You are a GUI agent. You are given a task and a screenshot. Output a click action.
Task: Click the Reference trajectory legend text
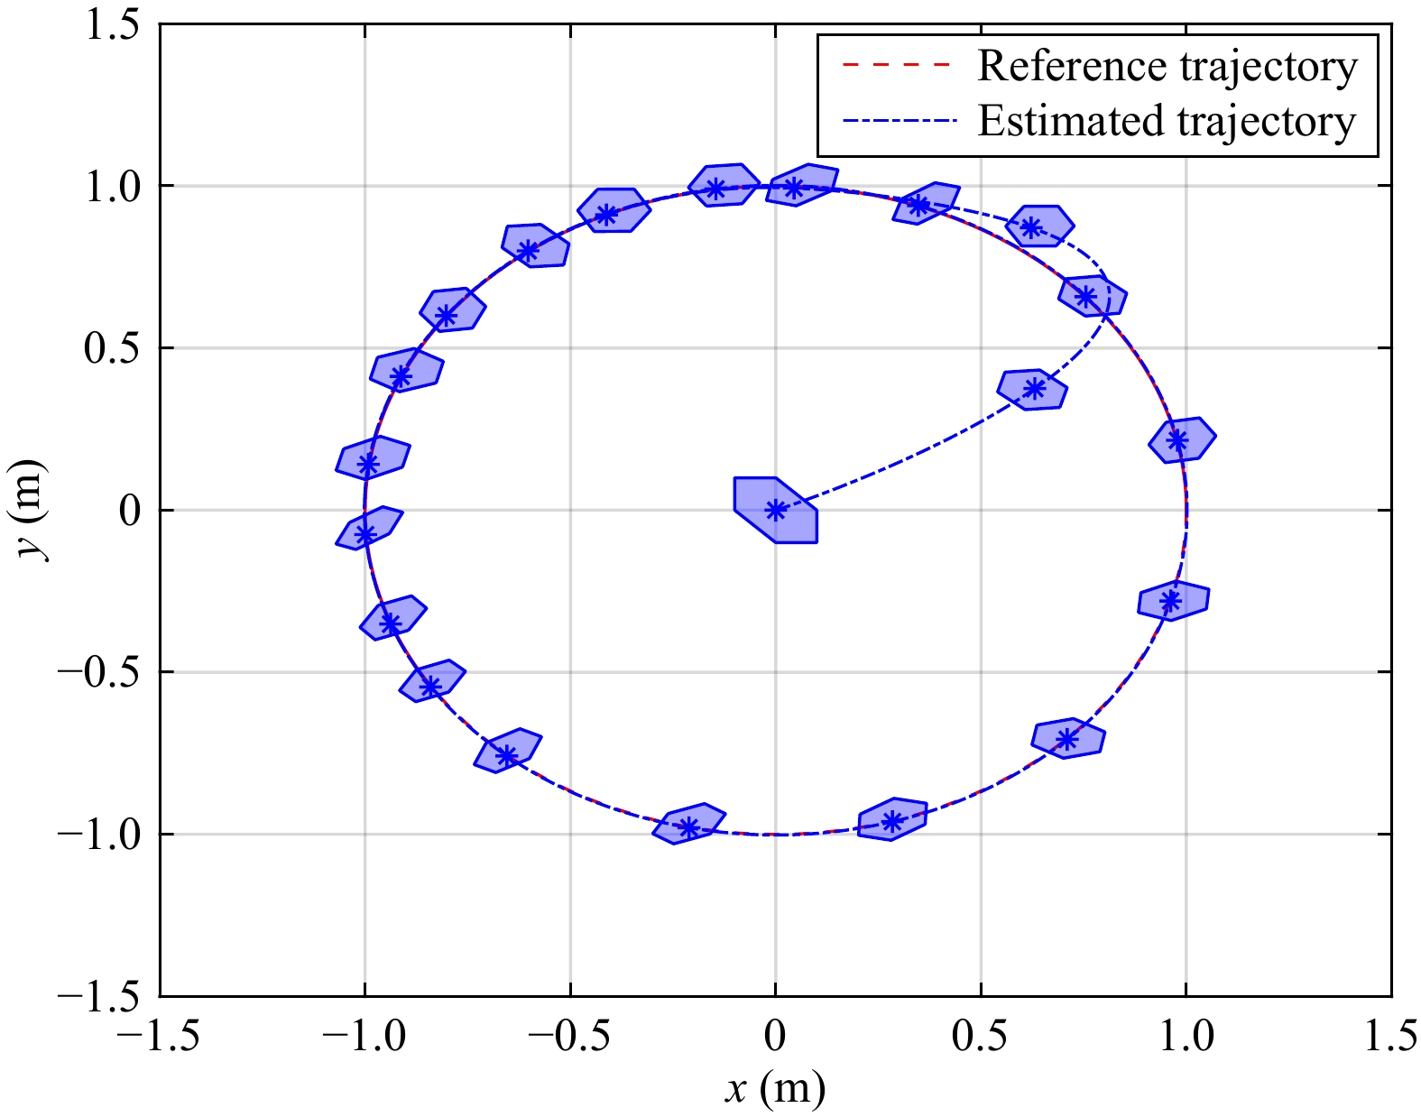[x=1167, y=67]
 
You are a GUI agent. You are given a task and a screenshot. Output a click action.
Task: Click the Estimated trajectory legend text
[x=1167, y=122]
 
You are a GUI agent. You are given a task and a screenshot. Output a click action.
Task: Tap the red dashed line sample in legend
[x=896, y=66]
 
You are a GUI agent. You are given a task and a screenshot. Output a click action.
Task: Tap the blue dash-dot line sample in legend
[x=896, y=120]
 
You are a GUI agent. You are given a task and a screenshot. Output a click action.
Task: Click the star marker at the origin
[x=775, y=510]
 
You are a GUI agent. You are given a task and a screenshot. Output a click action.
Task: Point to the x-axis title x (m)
[x=775, y=1089]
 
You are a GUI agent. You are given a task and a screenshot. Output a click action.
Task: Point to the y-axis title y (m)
[x=32, y=510]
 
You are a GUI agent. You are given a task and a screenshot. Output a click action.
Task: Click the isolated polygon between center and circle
[x=1033, y=389]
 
